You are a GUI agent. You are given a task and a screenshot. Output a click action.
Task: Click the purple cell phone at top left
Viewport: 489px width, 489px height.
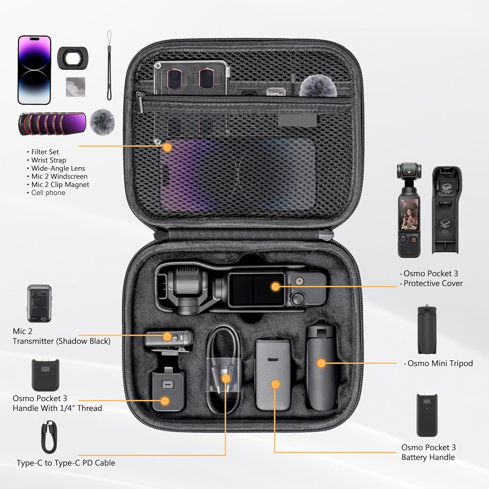pos(34,70)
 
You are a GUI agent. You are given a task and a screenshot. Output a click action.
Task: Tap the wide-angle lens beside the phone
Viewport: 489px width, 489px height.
pos(73,58)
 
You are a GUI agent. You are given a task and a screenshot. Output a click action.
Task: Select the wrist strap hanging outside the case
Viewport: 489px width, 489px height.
pos(109,65)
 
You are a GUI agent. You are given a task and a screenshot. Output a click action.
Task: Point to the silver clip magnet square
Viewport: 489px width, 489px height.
pos(75,87)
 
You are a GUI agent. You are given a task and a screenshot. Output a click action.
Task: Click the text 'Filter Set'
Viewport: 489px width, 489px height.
pos(45,152)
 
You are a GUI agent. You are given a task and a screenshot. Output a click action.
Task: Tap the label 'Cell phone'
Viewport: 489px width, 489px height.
pos(48,193)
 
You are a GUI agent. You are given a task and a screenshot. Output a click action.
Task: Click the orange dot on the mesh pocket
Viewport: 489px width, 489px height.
pos(167,147)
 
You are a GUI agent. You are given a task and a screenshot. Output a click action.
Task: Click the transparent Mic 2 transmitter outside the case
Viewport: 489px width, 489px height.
pos(39,304)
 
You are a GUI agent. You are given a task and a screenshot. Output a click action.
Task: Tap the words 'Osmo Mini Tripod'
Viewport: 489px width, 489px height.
pos(440,363)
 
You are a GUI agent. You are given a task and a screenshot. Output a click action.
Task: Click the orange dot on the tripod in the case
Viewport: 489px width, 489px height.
pos(321,363)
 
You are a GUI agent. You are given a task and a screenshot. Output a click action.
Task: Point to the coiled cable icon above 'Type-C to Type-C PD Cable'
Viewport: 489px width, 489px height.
pos(49,437)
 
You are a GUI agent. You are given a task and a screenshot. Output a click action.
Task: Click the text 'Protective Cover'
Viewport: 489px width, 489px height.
pos(433,283)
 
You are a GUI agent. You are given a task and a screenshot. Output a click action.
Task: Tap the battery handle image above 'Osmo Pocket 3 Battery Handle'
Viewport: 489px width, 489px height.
pos(427,415)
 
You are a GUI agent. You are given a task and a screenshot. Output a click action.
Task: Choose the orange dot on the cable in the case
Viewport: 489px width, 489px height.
pos(226,378)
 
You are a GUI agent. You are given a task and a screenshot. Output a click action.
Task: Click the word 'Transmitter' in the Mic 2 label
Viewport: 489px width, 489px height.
pos(33,341)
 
